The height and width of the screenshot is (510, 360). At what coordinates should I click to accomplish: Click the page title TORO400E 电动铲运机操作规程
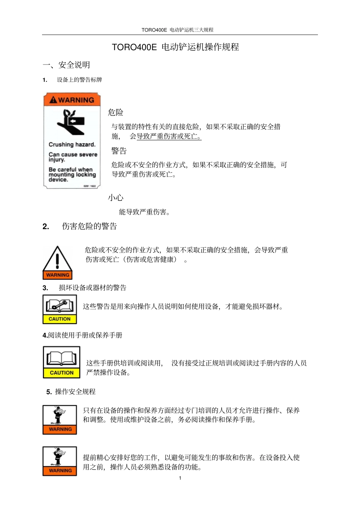175,47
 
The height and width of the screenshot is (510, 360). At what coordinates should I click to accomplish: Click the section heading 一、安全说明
66,65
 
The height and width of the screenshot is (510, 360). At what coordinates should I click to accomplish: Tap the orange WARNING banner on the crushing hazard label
72,100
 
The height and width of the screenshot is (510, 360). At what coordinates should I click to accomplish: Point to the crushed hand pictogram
71,122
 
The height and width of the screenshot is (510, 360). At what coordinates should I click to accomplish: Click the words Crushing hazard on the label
72,144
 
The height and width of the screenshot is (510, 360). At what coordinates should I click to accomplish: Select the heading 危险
116,112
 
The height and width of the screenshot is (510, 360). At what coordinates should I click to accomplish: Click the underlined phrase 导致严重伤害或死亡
169,137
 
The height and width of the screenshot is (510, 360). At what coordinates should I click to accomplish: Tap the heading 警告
119,151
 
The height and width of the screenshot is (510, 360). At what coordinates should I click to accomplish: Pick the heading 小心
116,198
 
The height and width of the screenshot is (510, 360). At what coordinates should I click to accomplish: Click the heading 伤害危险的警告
89,226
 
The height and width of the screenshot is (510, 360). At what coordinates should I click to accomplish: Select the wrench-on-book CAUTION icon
59,309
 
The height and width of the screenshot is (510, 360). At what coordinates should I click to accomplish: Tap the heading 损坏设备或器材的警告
92,288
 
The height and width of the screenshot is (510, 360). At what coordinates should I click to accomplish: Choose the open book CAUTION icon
61,362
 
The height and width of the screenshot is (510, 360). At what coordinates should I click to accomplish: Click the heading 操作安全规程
75,392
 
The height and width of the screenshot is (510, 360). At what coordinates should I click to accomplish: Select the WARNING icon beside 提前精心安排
60,461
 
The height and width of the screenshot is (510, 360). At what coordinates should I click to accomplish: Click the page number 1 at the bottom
180,478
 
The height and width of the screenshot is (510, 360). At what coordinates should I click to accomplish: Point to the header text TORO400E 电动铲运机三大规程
177,30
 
